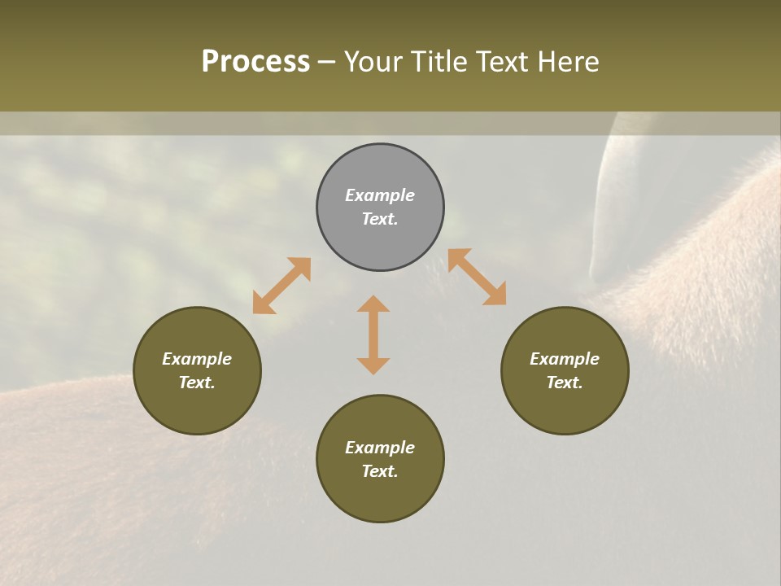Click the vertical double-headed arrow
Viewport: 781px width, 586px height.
pos(373,335)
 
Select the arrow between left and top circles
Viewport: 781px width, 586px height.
pos(281,286)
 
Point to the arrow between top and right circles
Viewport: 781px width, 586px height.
pos(477,277)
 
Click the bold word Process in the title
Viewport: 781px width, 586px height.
pos(255,62)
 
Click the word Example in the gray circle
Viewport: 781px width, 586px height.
pos(380,195)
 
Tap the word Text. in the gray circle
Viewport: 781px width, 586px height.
pos(380,219)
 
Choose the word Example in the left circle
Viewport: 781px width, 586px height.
pos(197,359)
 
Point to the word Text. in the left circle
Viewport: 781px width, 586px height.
pos(197,383)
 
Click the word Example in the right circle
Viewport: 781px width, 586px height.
pos(565,359)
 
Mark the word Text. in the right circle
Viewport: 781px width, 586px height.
pos(565,383)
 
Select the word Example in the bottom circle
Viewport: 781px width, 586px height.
pos(380,448)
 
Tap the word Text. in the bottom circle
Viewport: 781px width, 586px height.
pos(380,471)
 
